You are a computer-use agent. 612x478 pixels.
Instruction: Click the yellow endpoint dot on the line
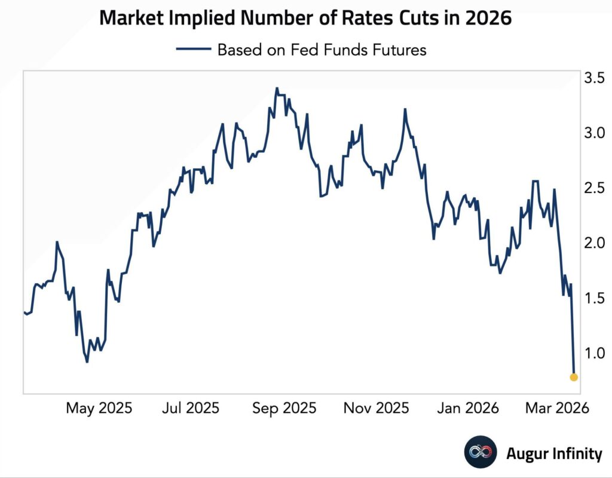click(x=574, y=377)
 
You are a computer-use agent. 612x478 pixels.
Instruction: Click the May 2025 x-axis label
click(x=99, y=408)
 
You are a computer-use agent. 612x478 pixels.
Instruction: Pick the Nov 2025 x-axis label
click(x=376, y=408)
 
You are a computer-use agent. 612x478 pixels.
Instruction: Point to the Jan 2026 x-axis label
click(x=467, y=408)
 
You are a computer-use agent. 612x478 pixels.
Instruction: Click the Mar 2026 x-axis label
click(x=556, y=408)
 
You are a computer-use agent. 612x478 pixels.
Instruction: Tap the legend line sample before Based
click(x=194, y=50)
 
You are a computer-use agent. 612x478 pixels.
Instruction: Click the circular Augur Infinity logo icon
click(x=481, y=454)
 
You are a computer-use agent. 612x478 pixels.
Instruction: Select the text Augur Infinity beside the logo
click(x=554, y=454)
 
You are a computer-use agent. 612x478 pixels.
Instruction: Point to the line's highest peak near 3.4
click(x=276, y=88)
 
